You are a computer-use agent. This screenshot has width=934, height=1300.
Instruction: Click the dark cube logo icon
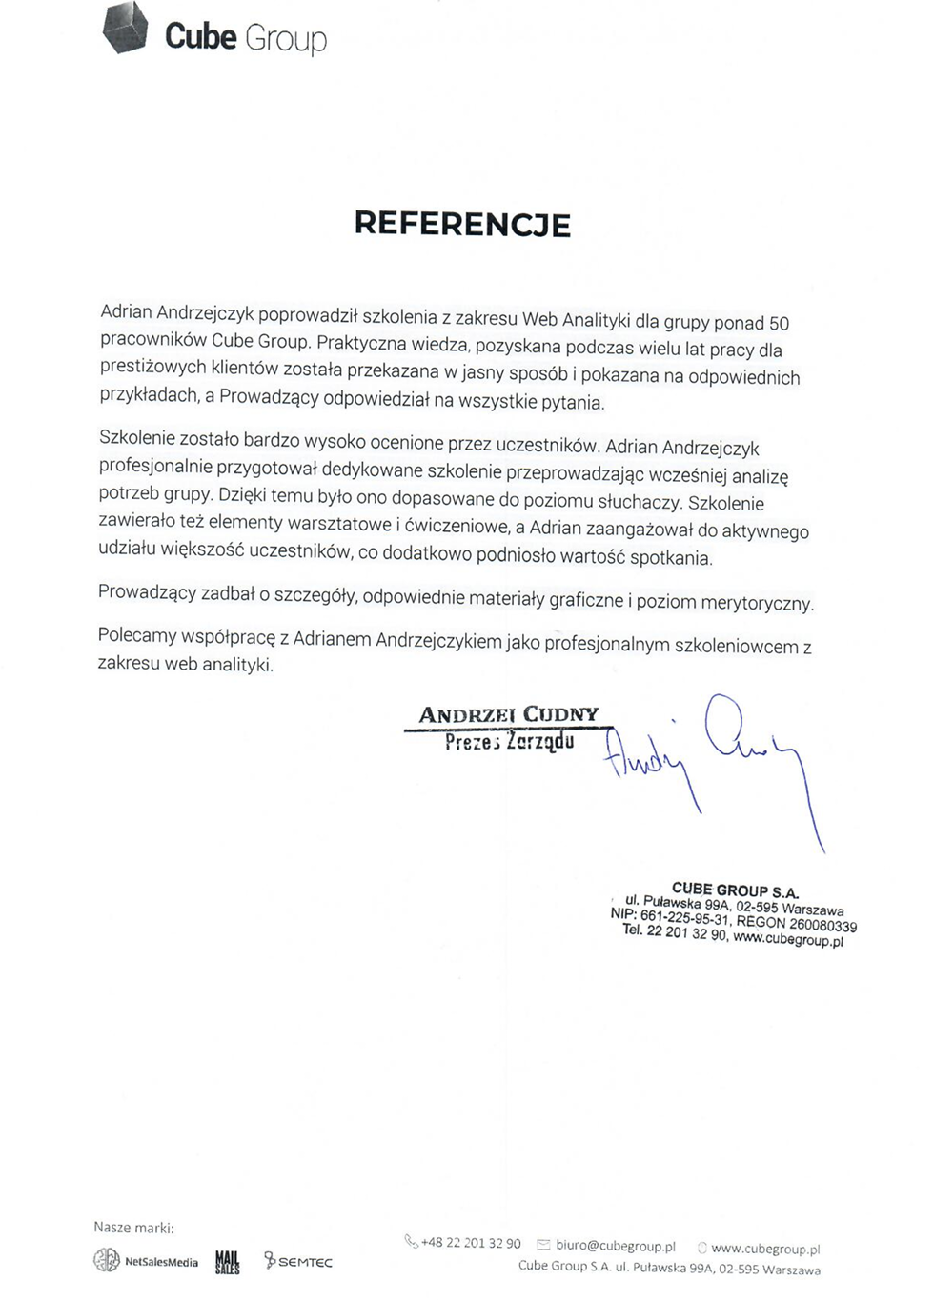pos(125,28)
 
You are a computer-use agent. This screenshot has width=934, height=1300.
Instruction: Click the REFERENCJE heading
pos(462,224)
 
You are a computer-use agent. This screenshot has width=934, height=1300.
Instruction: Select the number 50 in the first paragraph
pos(779,324)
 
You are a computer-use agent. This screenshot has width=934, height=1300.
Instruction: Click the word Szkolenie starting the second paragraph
pos(136,438)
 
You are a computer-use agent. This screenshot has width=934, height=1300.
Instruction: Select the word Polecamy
pos(137,635)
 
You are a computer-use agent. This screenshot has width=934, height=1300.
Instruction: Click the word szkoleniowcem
pos(736,646)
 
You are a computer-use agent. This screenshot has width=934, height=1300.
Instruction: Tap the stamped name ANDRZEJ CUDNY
pos(509,714)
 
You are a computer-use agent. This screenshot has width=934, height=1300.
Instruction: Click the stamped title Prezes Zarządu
pos(509,741)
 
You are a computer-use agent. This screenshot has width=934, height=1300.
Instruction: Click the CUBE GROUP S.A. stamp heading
pos(735,890)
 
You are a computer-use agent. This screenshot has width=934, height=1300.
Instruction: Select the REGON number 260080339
pos(822,924)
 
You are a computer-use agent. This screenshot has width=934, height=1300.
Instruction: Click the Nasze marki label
pos(133,1228)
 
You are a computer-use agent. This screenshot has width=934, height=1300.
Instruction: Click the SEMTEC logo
pos(298,1262)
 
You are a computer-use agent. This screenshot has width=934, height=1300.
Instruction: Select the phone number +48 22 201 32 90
pos(470,1243)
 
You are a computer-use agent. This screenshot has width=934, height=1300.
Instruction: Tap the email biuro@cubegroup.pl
pos(615,1246)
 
